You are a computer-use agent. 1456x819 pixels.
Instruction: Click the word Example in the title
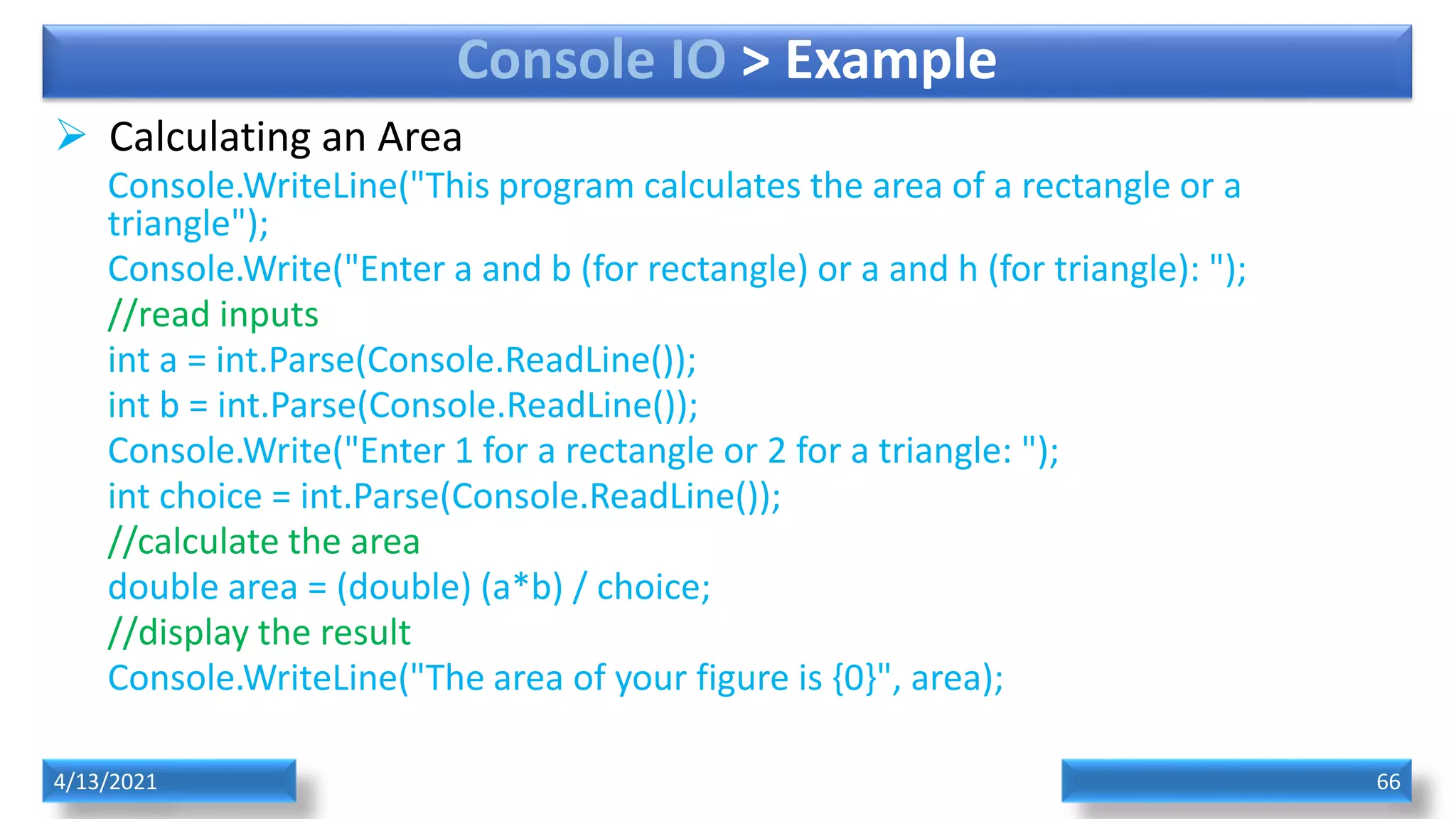pyautogui.click(x=890, y=61)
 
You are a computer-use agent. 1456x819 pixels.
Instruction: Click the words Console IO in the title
pyautogui.click(x=591, y=60)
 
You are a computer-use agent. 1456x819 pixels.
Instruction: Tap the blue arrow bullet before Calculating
pyautogui.click(x=71, y=134)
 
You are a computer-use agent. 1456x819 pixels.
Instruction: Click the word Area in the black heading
pyautogui.click(x=419, y=137)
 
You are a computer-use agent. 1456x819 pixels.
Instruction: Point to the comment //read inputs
pyautogui.click(x=213, y=314)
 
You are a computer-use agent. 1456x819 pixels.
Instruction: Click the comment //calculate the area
pyautogui.click(x=264, y=542)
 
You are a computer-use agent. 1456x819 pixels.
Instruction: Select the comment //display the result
pyautogui.click(x=259, y=633)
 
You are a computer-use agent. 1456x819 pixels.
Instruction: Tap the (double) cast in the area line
pyautogui.click(x=404, y=588)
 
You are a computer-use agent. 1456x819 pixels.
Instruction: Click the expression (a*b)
pyautogui.click(x=522, y=588)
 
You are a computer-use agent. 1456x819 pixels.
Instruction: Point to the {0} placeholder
pyautogui.click(x=854, y=678)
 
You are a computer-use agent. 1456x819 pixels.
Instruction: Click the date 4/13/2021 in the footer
pyautogui.click(x=105, y=781)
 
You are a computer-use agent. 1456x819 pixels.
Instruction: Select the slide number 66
pyautogui.click(x=1388, y=781)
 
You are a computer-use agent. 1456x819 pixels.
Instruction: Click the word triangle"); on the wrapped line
pyautogui.click(x=188, y=224)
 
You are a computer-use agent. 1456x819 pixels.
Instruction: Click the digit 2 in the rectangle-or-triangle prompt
pyautogui.click(x=776, y=451)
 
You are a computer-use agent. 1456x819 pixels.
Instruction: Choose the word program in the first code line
pyautogui.click(x=566, y=187)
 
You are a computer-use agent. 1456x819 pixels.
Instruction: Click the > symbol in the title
pyautogui.click(x=755, y=61)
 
